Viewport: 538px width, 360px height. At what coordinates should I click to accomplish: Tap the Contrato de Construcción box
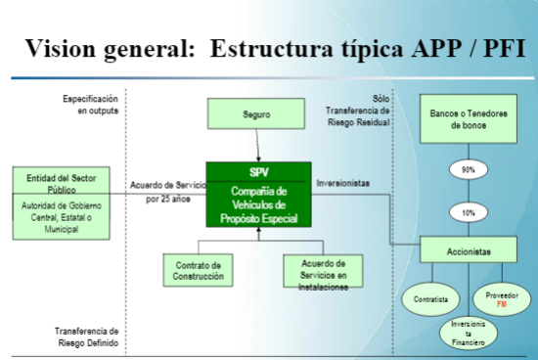point(200,270)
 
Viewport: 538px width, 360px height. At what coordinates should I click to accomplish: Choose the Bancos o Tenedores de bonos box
point(468,119)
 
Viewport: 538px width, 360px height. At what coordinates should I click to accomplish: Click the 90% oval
point(468,170)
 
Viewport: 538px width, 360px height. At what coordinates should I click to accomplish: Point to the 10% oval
point(468,211)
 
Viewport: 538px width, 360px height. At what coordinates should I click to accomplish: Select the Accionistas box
point(468,250)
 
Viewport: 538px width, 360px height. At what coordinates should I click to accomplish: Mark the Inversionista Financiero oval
point(468,332)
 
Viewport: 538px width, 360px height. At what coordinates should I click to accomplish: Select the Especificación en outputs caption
point(91,105)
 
